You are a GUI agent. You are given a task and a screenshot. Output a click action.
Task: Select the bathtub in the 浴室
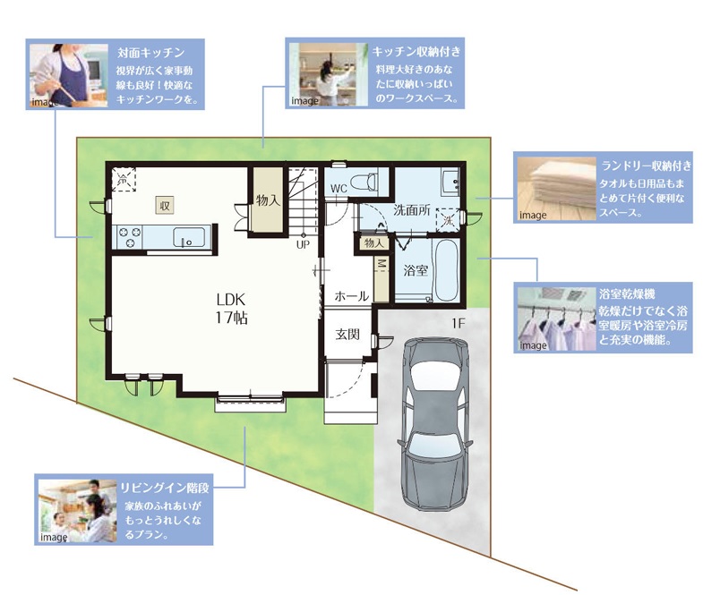pos(447,270)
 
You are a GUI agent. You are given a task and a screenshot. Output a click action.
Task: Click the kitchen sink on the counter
pos(189,237)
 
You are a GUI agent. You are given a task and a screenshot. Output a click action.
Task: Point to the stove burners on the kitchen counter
pos(129,237)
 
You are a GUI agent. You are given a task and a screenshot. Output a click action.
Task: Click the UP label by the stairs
pos(303,245)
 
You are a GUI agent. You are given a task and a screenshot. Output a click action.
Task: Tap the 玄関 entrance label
pos(347,335)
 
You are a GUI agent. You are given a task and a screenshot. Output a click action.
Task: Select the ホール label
pos(351,296)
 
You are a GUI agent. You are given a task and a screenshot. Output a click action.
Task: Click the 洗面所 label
pos(412,210)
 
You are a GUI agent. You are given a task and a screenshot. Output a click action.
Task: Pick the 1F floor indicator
pos(458,323)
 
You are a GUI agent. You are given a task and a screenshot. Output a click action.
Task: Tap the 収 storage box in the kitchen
pos(165,205)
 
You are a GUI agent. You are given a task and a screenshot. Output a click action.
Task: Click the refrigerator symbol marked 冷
pos(124,180)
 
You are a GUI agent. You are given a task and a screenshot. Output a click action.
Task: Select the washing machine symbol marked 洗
pos(449,220)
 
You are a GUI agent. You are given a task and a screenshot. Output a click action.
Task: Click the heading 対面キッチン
pos(151,53)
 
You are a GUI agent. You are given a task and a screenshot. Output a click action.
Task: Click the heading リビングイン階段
pos(165,488)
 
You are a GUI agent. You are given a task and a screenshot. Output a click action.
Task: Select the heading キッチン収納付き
pos(416,52)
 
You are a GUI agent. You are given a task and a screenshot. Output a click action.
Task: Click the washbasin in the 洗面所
pos(450,182)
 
